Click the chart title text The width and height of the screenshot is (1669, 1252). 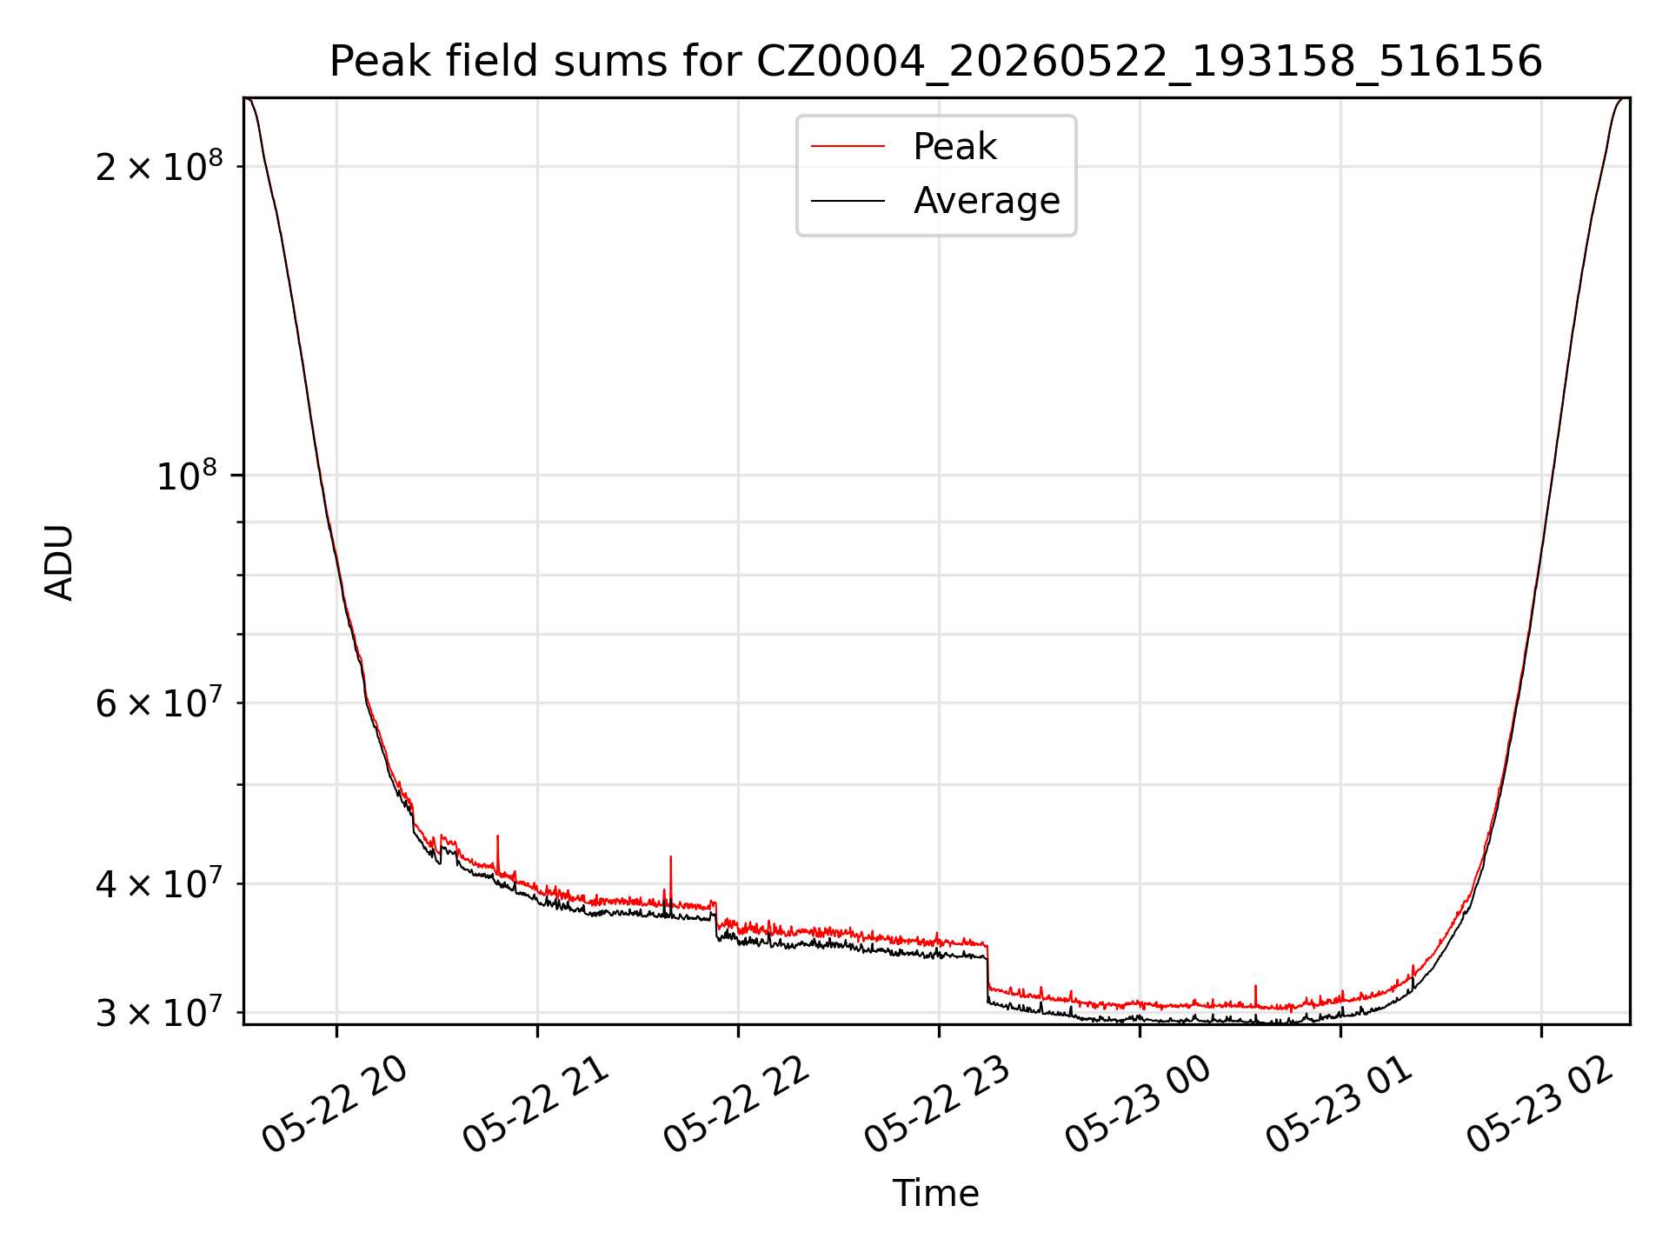click(936, 62)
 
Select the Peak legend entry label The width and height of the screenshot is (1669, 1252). click(954, 147)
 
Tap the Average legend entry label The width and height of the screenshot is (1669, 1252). click(987, 201)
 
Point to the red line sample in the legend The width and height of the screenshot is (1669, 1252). click(848, 146)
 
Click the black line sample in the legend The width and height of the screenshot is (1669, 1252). click(848, 201)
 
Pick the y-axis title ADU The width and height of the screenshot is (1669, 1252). click(59, 562)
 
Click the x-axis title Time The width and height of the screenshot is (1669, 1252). click(936, 1194)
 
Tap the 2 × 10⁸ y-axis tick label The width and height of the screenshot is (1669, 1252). click(159, 165)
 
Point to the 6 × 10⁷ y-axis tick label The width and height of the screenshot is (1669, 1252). click(159, 702)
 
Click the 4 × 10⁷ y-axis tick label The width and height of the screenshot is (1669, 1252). click(159, 883)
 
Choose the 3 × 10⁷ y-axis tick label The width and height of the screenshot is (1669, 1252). click(159, 1012)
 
